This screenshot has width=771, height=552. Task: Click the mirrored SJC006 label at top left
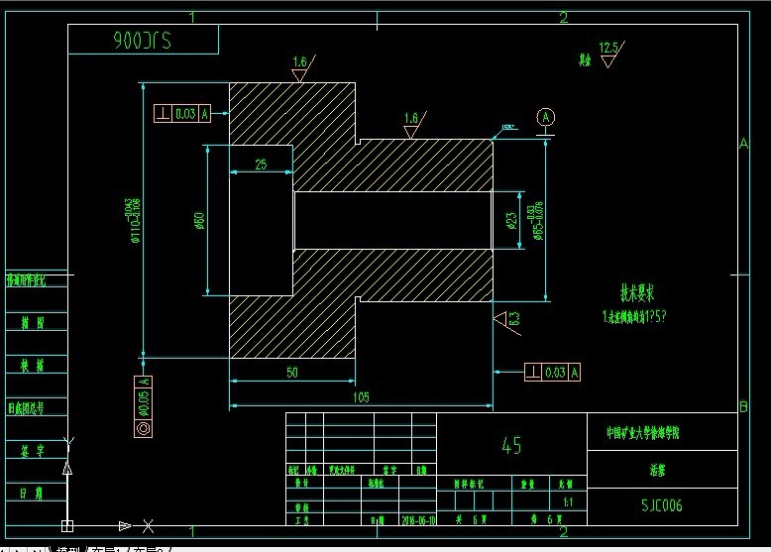coord(143,41)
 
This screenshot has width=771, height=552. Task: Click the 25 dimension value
coord(260,165)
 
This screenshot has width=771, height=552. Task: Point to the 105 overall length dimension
coord(361,396)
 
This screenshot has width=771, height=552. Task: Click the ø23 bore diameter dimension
coord(511,220)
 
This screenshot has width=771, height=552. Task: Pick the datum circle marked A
coord(545,117)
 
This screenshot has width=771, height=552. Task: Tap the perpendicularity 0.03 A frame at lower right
coord(552,372)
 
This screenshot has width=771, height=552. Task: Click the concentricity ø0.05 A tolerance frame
coord(145,405)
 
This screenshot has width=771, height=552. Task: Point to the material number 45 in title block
coord(511,446)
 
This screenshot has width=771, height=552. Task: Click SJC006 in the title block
coord(661,505)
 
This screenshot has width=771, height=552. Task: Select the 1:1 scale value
coord(567,502)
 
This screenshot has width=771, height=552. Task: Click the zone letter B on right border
coord(743,406)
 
